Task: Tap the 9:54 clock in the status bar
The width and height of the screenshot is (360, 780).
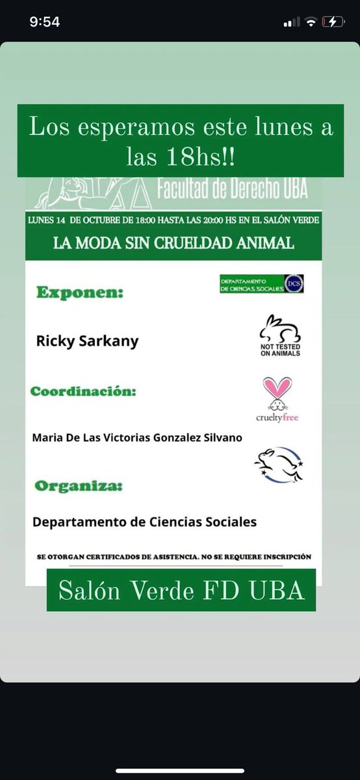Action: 45,22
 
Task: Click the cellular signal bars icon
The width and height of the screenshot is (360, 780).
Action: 292,22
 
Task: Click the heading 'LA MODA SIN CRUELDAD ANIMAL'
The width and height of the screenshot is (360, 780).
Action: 174,244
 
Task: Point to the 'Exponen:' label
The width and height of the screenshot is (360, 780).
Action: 80,292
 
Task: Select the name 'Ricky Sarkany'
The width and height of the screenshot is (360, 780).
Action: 87,341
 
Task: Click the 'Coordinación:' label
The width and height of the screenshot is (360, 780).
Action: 84,392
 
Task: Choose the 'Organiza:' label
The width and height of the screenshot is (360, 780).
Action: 79,486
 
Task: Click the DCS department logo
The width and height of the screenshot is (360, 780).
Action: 261,283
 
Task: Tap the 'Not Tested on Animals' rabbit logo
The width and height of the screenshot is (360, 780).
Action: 280,335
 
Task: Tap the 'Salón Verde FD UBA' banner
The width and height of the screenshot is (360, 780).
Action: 181,590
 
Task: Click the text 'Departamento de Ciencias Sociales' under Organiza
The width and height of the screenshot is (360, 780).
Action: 144,521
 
